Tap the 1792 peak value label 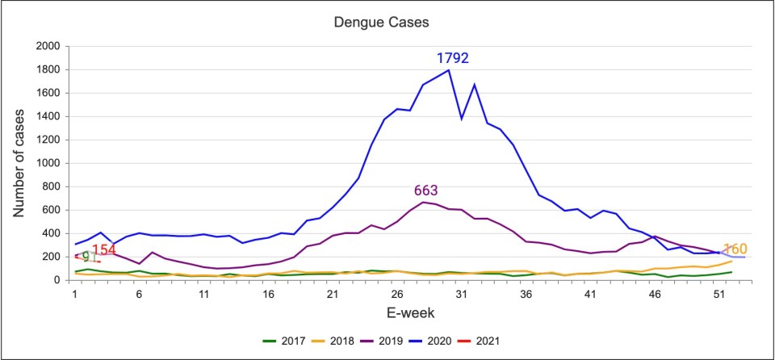tap(452, 58)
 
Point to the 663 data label tap(425, 190)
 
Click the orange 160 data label tap(735, 249)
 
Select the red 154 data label tap(104, 250)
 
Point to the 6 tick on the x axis tap(139, 294)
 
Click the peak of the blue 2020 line tap(448, 70)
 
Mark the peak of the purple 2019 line tap(422, 202)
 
